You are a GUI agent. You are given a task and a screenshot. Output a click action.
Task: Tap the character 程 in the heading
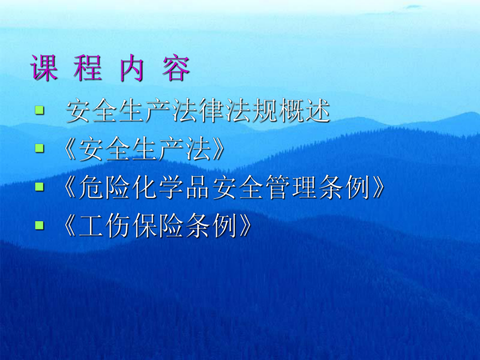click(88, 68)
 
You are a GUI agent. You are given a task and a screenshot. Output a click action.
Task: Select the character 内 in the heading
click(131, 68)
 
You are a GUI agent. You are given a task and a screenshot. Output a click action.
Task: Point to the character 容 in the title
click(175, 68)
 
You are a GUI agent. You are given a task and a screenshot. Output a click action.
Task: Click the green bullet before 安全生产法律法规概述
click(39, 110)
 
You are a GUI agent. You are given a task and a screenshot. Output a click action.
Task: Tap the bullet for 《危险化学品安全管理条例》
click(39, 187)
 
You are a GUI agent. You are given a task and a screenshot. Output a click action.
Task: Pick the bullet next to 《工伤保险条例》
click(39, 225)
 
